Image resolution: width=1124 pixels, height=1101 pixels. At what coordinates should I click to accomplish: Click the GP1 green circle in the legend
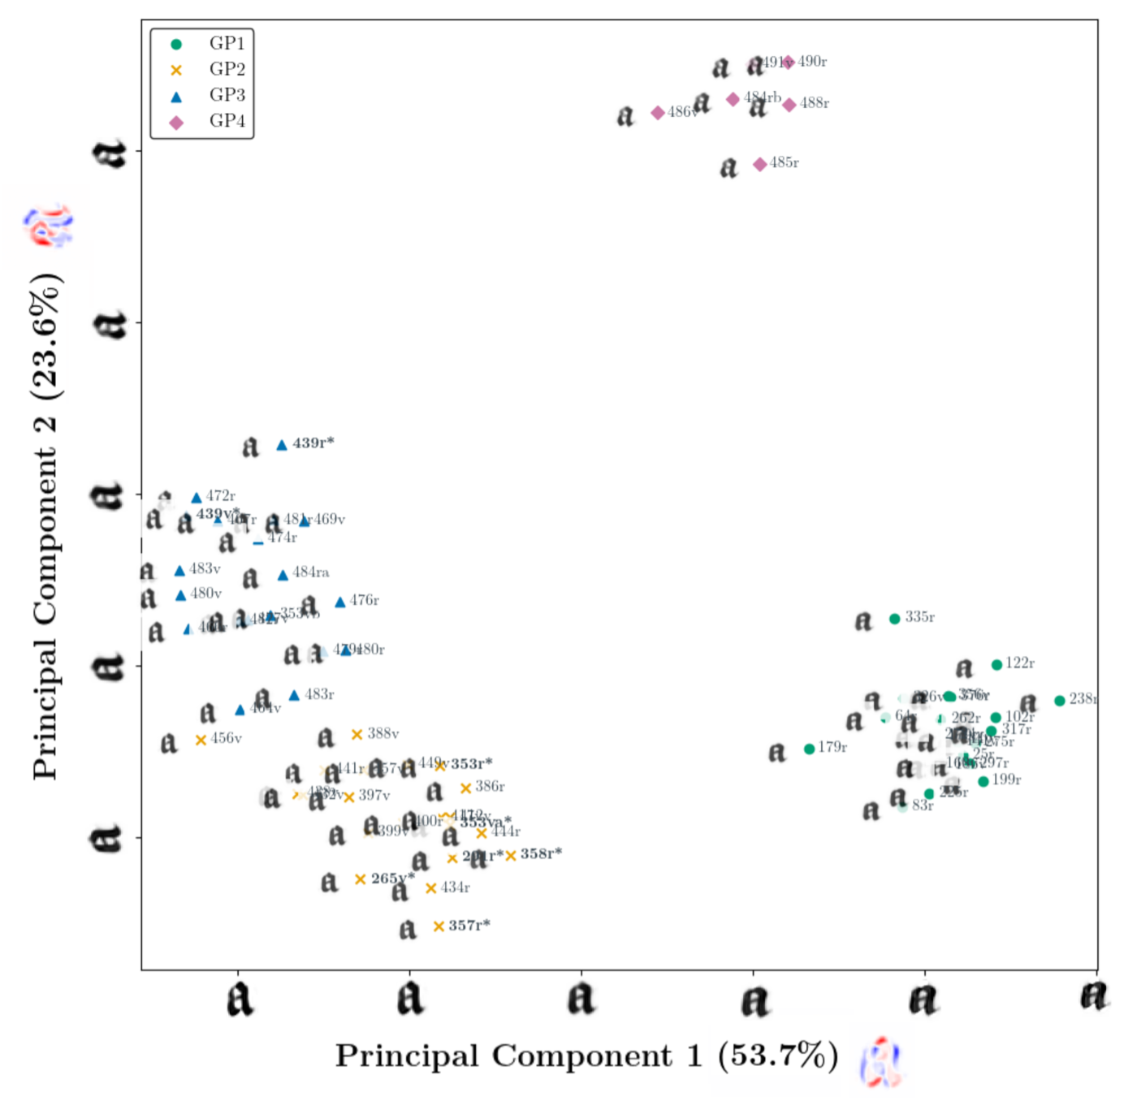[x=176, y=44]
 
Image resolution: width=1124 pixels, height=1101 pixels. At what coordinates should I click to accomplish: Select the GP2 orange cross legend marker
[x=176, y=70]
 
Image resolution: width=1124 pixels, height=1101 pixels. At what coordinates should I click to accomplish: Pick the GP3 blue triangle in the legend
[x=176, y=97]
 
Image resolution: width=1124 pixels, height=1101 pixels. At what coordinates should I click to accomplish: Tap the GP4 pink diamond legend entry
[x=176, y=123]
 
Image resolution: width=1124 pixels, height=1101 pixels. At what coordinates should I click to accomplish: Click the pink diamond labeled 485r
[x=759, y=164]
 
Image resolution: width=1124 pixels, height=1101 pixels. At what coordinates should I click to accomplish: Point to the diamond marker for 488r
[x=789, y=105]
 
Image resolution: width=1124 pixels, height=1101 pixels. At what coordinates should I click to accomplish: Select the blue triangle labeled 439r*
[x=282, y=445]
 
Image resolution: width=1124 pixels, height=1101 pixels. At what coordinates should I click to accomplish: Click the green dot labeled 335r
[x=894, y=619]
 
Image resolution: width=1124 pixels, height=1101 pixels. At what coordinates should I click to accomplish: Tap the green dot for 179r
[x=809, y=749]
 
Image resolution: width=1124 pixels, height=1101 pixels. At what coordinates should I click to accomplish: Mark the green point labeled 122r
[x=996, y=665]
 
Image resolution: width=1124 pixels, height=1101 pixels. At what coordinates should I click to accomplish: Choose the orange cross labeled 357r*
[x=439, y=926]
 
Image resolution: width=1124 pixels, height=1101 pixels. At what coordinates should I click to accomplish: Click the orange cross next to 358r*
[x=511, y=855]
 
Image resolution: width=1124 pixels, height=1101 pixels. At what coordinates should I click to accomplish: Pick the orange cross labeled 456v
[x=201, y=740]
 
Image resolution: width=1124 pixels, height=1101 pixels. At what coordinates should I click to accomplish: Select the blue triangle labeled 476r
[x=340, y=602]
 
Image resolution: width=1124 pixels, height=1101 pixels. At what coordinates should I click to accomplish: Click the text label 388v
[x=383, y=734]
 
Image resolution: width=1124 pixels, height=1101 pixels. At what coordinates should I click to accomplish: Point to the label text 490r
[x=812, y=62]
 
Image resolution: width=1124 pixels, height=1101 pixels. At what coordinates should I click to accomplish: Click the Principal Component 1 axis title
[x=587, y=1056]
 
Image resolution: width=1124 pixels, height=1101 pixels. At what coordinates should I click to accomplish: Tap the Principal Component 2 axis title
[x=45, y=528]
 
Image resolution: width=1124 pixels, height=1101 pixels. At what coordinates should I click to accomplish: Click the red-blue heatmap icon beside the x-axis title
[x=882, y=1062]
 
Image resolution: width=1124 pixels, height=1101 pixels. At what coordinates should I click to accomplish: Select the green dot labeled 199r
[x=983, y=781]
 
